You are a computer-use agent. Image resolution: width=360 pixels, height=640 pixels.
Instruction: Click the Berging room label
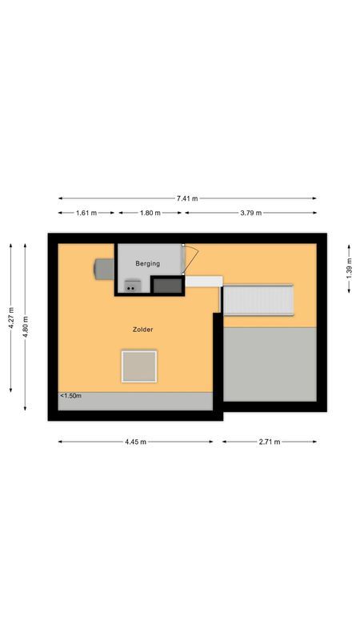147,263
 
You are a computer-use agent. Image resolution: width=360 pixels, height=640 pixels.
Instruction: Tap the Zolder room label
143,330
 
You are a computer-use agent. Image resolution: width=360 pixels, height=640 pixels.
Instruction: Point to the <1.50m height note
70,396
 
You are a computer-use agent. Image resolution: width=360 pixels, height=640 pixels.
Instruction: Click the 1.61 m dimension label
86,213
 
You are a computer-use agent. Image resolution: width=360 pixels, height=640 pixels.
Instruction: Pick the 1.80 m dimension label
150,213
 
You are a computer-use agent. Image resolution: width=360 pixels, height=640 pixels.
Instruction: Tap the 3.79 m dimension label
250,213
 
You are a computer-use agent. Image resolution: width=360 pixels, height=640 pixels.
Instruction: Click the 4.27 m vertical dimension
11,318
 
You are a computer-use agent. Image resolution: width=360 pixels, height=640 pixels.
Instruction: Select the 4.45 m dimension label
135,442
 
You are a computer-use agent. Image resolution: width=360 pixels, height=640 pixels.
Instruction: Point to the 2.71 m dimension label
269,442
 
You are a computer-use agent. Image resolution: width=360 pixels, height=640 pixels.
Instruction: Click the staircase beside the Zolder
258,300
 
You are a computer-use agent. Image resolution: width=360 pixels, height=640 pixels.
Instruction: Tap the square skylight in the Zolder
139,366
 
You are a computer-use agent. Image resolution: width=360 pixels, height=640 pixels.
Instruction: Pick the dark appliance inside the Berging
166,285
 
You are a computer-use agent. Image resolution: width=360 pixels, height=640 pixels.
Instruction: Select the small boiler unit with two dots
131,286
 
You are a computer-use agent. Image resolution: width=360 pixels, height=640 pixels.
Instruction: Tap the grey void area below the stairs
269,364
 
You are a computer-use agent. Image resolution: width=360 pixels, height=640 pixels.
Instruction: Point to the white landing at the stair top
203,279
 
